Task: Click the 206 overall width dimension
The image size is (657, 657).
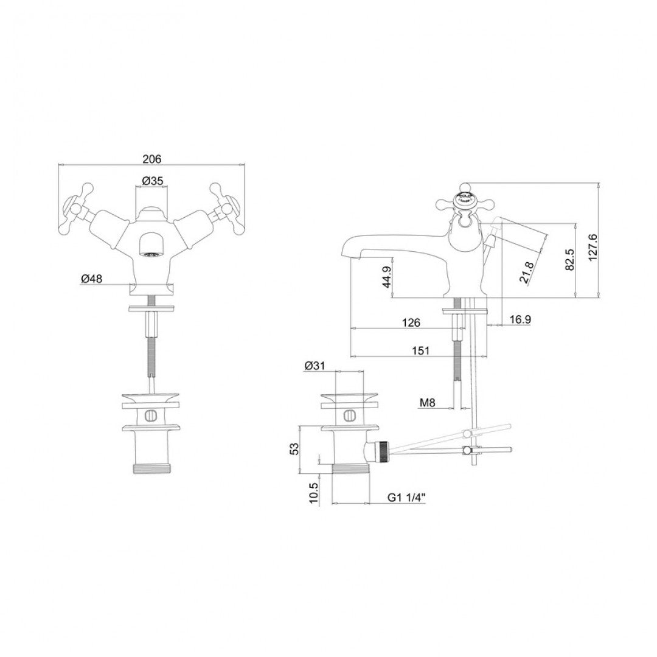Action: click(151, 159)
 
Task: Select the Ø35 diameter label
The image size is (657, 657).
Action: click(151, 181)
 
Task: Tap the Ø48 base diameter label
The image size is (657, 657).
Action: click(91, 279)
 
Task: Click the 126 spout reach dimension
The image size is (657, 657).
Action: click(411, 323)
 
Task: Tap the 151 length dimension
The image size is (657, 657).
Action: click(420, 350)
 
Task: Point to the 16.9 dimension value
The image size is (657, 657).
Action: click(519, 319)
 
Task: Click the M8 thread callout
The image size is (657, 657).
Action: click(428, 402)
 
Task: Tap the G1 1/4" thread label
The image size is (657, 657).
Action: click(406, 497)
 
